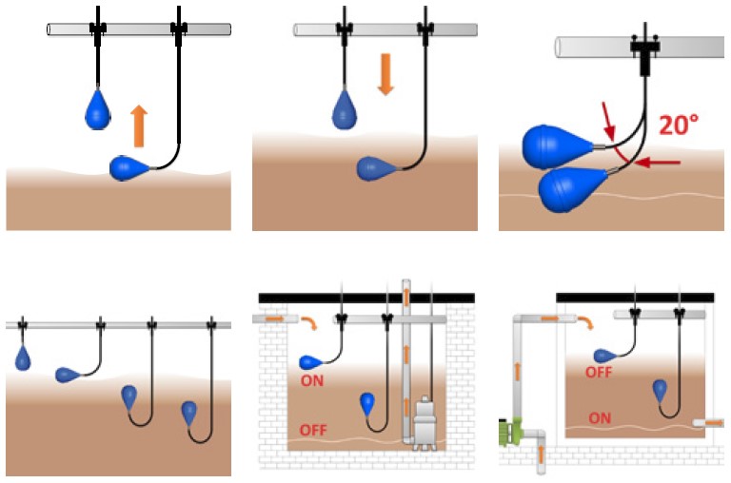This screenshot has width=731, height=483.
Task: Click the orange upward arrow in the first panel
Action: tap(139, 126)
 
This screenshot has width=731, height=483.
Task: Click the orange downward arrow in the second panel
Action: tap(385, 73)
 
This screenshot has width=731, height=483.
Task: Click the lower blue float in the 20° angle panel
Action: tap(575, 187)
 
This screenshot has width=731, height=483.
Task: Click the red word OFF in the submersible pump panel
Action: tap(314, 431)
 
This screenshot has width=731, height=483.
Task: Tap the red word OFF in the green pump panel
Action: tap(598, 373)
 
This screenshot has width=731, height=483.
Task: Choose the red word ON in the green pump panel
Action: tap(600, 417)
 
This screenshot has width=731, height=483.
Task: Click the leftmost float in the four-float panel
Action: tap(23, 358)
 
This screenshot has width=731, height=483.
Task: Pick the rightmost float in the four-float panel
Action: tap(190, 412)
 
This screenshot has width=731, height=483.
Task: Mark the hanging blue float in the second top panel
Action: tap(344, 109)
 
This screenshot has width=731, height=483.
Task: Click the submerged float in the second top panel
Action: tap(374, 169)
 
